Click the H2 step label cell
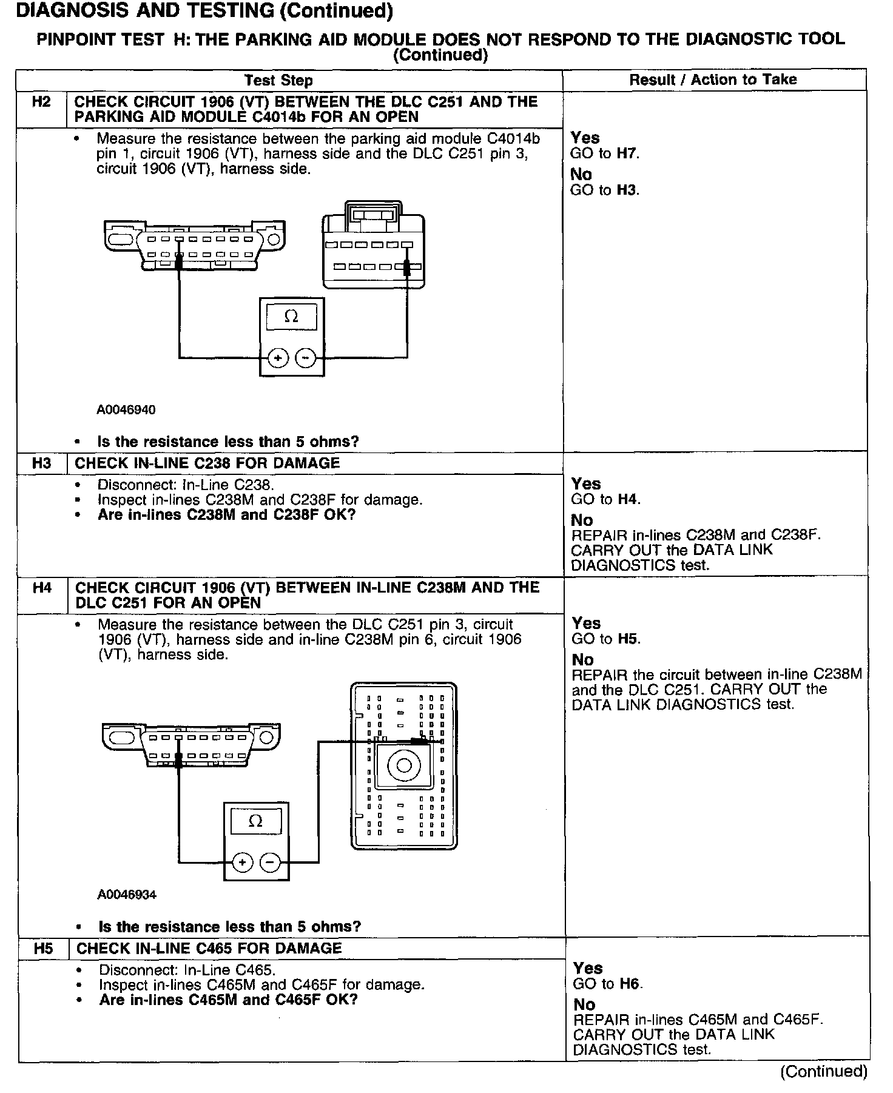pyautogui.click(x=41, y=102)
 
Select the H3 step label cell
pyautogui.click(x=42, y=463)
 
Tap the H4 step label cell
pyautogui.click(x=42, y=588)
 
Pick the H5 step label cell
pyautogui.click(x=44, y=949)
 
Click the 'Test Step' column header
pyautogui.click(x=278, y=80)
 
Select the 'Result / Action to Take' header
pyautogui.click(x=713, y=79)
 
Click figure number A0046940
pyautogui.click(x=126, y=410)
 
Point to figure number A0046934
pyautogui.click(x=127, y=895)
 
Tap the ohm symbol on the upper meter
pyautogui.click(x=291, y=317)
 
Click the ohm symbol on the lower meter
pyautogui.click(x=256, y=821)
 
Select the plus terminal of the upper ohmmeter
pyautogui.click(x=278, y=358)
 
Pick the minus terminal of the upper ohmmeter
pyautogui.click(x=305, y=358)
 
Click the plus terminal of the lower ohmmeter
pyautogui.click(x=242, y=862)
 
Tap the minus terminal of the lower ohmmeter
pyautogui.click(x=270, y=862)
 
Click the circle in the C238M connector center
pyautogui.click(x=403, y=766)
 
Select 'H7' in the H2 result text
pyautogui.click(x=627, y=153)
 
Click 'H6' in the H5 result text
pyautogui.click(x=630, y=984)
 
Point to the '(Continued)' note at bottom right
pyautogui.click(x=824, y=1071)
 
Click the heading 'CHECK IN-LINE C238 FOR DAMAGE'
pyautogui.click(x=207, y=463)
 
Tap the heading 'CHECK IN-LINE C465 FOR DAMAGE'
pyautogui.click(x=209, y=949)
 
